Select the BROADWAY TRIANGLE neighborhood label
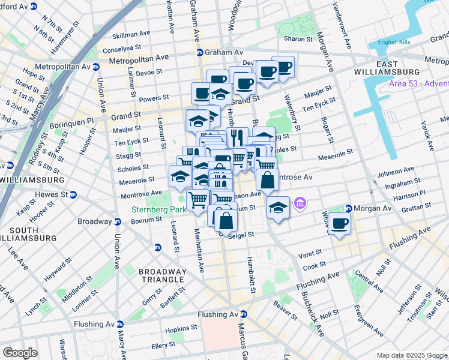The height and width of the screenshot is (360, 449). [x=161, y=275]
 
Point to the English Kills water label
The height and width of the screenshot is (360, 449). [x=394, y=43]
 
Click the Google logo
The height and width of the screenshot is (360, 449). [x=20, y=352]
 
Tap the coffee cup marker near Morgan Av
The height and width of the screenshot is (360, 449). [x=340, y=224]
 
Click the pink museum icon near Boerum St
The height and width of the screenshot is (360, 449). [x=300, y=205]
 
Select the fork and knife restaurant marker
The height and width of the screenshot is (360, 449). [x=237, y=137]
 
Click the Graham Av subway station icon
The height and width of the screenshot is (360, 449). [x=199, y=52]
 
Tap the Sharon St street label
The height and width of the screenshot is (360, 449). [x=298, y=38]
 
